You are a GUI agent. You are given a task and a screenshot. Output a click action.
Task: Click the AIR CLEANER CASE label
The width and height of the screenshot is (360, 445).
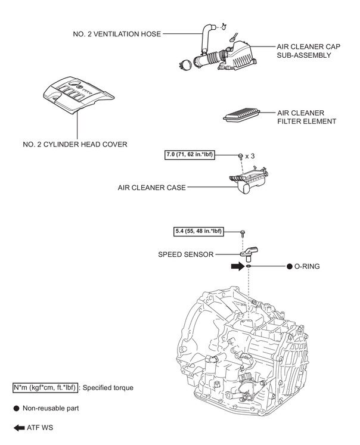pyautogui.click(x=151, y=187)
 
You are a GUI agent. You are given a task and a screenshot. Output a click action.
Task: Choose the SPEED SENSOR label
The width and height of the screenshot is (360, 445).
pyautogui.click(x=185, y=254)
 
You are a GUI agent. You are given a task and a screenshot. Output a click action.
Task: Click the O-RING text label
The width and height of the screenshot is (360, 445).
pyautogui.click(x=307, y=267)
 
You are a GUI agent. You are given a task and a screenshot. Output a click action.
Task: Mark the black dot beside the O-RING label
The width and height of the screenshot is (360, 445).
pyautogui.click(x=288, y=267)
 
